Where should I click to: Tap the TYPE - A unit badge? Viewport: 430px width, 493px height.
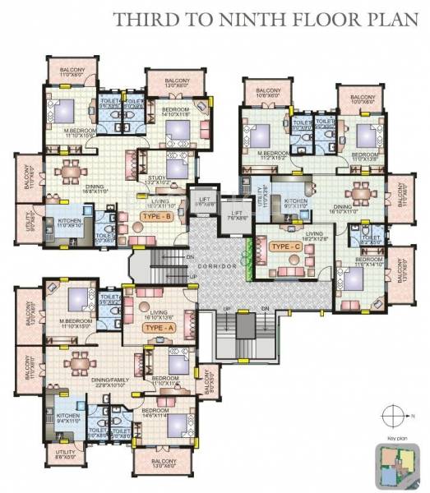click(156, 327)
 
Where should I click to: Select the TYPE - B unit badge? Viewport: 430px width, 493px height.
click(155, 216)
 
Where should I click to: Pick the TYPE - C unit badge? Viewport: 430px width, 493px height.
click(284, 246)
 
